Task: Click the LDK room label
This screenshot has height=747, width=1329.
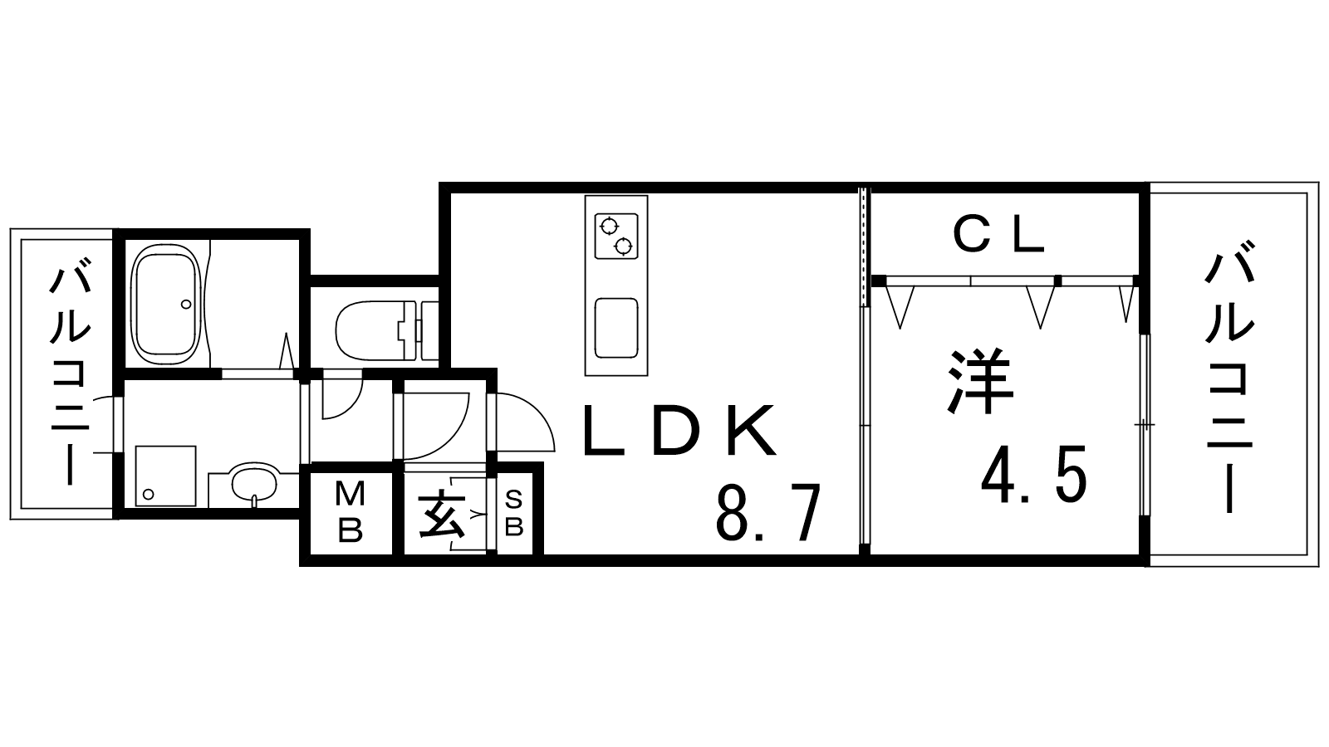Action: [x=680, y=431]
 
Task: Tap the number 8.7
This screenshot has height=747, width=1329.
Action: [x=769, y=512]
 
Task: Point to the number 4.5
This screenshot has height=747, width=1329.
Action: [x=1034, y=474]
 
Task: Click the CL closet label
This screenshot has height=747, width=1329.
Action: [x=998, y=236]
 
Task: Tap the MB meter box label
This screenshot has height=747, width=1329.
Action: [x=350, y=511]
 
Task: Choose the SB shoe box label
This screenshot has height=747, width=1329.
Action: [x=514, y=514]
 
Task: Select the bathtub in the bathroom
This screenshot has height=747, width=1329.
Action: [x=166, y=305]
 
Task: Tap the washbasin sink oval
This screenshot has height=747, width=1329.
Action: [x=254, y=483]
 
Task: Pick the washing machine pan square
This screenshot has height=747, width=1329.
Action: [x=165, y=476]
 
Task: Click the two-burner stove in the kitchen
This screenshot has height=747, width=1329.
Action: [x=616, y=236]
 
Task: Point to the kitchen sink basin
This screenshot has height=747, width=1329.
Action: [x=616, y=329]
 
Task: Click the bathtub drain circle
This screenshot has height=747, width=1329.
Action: [x=186, y=304]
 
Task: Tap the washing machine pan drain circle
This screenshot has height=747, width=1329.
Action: [x=149, y=494]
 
